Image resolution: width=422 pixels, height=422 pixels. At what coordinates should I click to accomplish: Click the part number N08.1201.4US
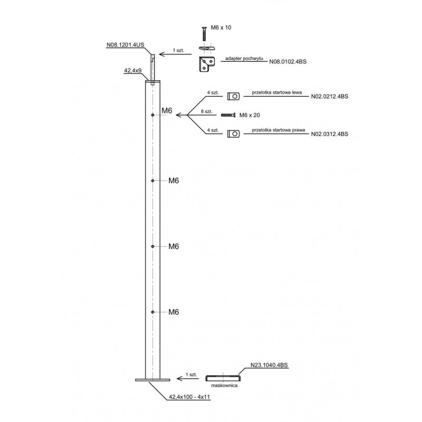[x=126, y=45]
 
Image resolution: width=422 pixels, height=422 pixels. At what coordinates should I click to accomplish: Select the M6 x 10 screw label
[x=221, y=27]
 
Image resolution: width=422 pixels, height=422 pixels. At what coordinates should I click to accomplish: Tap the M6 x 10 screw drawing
[x=204, y=34]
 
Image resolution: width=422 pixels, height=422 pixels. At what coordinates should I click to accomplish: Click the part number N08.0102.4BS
[x=288, y=62]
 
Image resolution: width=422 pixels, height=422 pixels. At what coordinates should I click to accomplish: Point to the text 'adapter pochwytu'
[x=244, y=59]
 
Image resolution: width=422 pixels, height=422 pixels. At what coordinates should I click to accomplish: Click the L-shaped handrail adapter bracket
[x=207, y=64]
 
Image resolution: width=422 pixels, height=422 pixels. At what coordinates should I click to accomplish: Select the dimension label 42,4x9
[x=133, y=71]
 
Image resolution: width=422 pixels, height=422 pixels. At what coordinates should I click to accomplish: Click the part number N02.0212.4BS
[x=330, y=97]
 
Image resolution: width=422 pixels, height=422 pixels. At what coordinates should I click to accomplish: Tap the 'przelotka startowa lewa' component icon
[x=233, y=96]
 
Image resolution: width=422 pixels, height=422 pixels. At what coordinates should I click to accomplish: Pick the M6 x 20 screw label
[x=250, y=115]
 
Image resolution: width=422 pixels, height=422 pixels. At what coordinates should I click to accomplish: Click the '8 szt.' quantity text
[x=207, y=111]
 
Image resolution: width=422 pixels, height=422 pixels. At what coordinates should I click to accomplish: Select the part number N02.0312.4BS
[x=330, y=134]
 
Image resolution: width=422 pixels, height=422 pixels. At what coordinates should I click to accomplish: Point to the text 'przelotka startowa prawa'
[x=279, y=130]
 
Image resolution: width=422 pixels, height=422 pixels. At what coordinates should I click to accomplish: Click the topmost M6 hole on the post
[x=152, y=115]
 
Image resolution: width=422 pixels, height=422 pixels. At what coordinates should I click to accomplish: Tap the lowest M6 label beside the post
[x=174, y=312]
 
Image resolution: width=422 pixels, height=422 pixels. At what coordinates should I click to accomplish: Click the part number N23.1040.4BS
[x=269, y=365]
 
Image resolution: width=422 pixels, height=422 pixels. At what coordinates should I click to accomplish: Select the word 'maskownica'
[x=224, y=386]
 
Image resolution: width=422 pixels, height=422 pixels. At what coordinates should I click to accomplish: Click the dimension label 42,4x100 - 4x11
[x=189, y=397]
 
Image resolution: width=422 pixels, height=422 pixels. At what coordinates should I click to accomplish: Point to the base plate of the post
[x=152, y=380]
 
